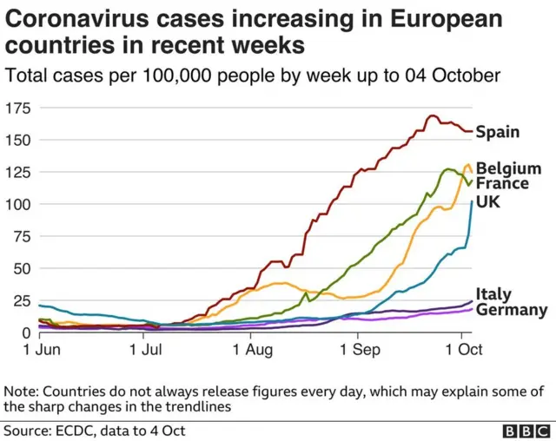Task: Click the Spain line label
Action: (499, 132)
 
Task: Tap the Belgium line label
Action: (508, 168)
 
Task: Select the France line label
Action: (502, 184)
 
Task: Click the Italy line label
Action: (493, 294)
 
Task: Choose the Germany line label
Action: (512, 310)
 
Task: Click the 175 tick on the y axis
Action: (17, 109)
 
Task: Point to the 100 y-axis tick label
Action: (17, 204)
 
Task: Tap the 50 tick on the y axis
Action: (22, 268)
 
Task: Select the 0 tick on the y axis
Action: (26, 332)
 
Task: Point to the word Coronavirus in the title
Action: (79, 17)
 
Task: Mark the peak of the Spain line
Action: (432, 115)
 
